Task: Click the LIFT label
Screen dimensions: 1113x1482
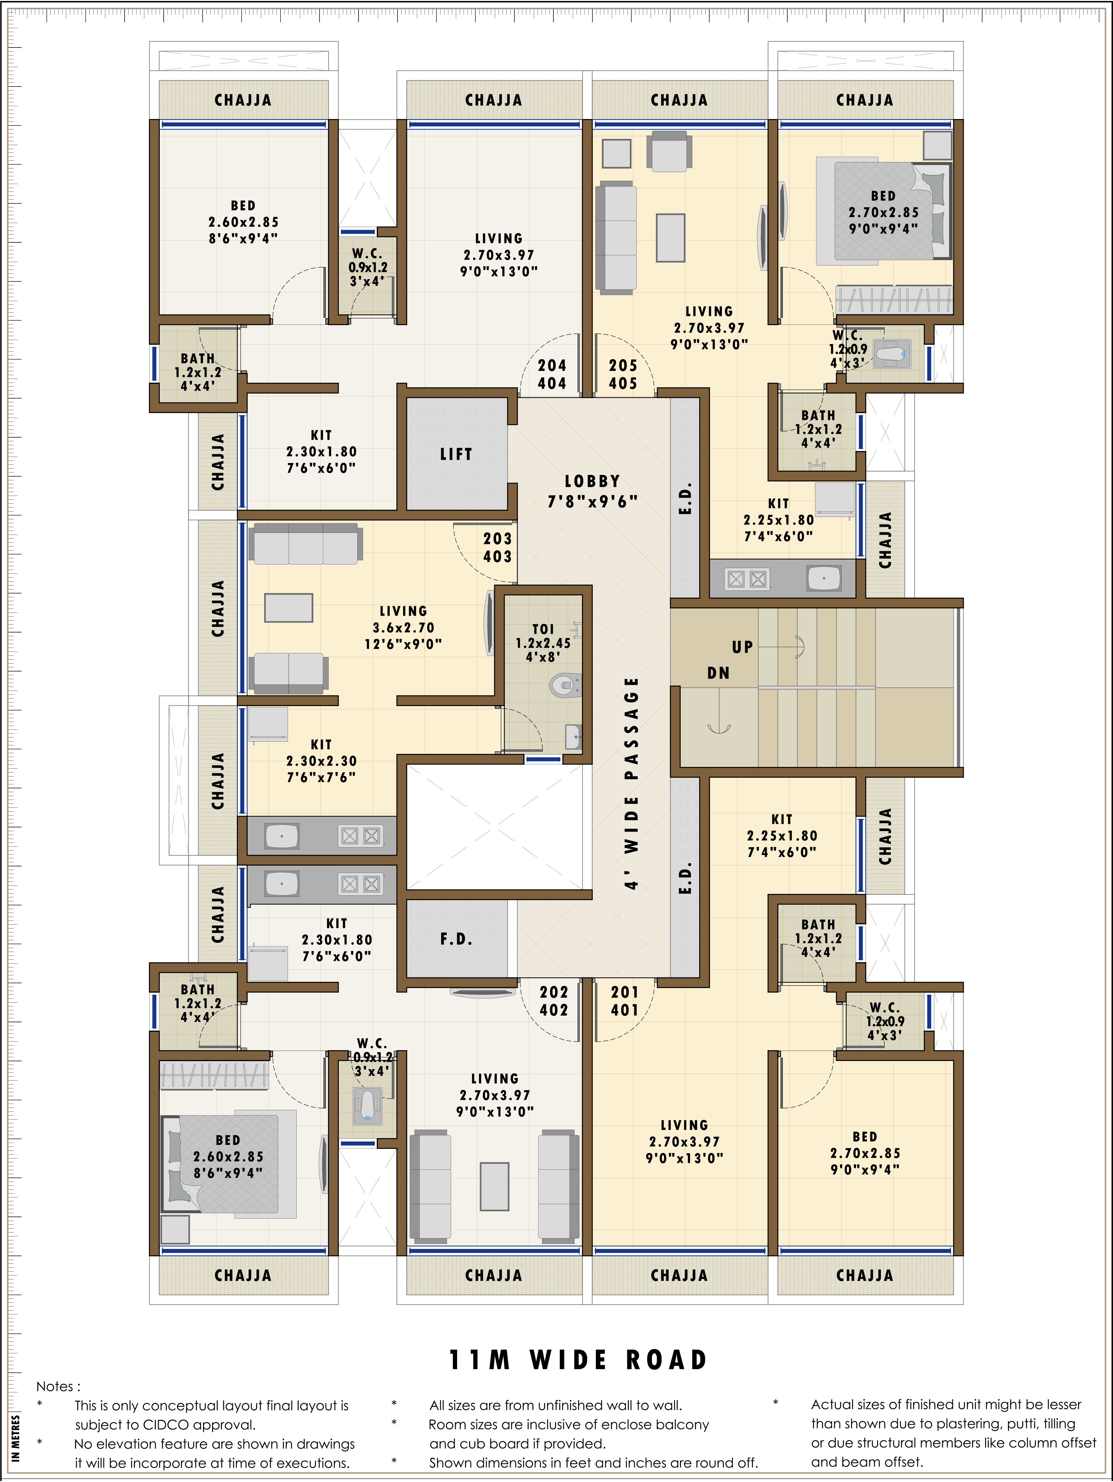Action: (x=456, y=454)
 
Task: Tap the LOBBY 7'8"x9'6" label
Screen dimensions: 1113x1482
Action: (x=592, y=491)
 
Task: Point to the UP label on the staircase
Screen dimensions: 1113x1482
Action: (x=742, y=647)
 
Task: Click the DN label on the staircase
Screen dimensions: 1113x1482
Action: (x=718, y=673)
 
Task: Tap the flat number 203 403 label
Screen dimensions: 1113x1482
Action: (x=498, y=547)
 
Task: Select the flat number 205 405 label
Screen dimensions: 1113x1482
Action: (x=623, y=374)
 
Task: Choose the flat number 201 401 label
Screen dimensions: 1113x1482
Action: (x=625, y=1001)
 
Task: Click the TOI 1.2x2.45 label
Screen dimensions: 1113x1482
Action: (x=543, y=643)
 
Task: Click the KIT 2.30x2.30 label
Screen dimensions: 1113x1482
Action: (x=322, y=760)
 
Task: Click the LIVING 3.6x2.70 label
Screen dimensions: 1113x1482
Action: (x=403, y=627)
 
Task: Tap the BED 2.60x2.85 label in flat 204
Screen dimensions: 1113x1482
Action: (x=243, y=222)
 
